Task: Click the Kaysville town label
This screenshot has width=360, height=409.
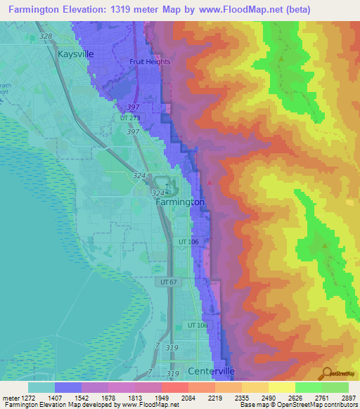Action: [x=76, y=53]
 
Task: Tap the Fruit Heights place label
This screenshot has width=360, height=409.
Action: [x=150, y=61]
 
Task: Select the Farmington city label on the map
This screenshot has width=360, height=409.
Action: [x=180, y=202]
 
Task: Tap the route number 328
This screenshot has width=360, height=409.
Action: [x=46, y=36]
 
